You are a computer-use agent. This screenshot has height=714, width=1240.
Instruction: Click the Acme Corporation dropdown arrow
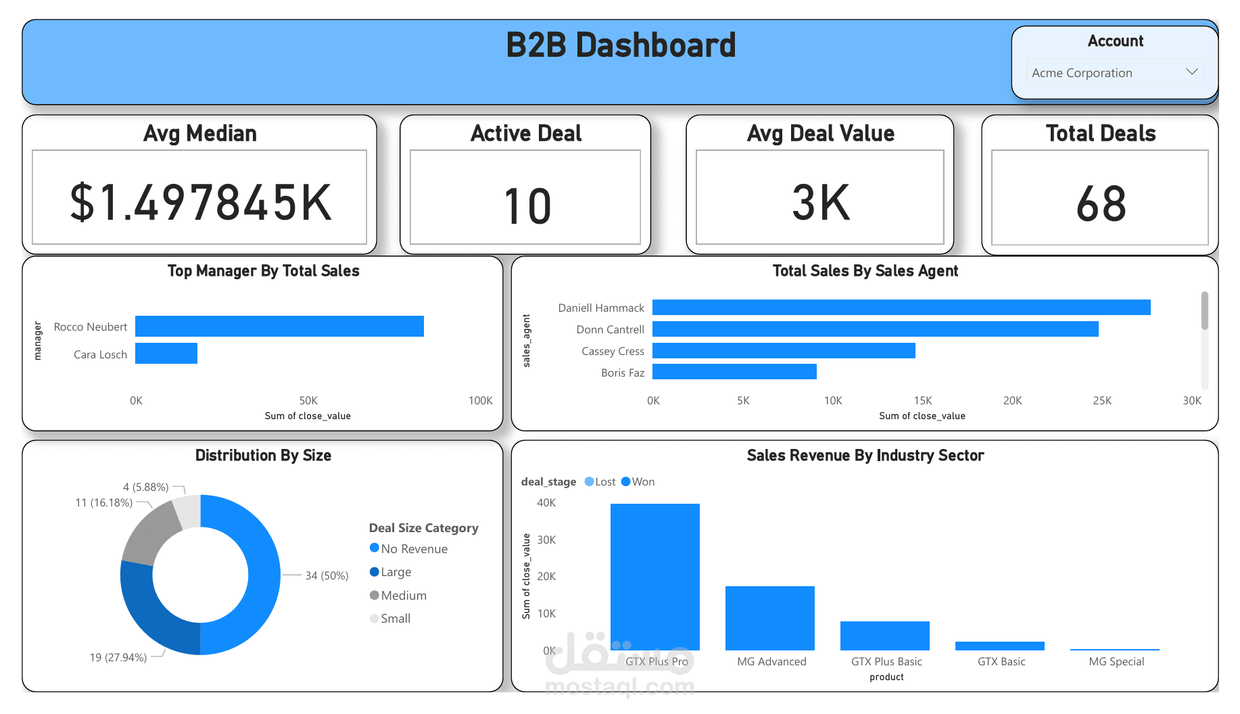(1192, 72)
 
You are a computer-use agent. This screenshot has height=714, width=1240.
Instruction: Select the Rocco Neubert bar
(279, 326)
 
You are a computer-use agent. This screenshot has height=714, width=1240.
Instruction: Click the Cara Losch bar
(166, 353)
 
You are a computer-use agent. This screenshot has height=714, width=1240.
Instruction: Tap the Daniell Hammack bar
(901, 308)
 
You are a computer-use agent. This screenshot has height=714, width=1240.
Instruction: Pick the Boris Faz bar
(734, 372)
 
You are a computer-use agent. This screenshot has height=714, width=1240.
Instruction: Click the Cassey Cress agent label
(613, 351)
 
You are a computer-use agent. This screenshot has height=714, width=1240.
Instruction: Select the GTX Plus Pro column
(655, 577)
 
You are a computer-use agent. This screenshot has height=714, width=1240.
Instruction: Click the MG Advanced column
(770, 618)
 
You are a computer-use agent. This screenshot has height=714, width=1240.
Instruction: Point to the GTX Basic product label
(1001, 661)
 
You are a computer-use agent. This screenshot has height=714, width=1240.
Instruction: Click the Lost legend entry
(600, 481)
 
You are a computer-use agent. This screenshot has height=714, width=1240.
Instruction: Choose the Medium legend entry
(398, 595)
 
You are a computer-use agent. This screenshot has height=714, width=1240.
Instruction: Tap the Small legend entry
(390, 618)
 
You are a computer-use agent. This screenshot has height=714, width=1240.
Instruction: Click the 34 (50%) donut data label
(327, 575)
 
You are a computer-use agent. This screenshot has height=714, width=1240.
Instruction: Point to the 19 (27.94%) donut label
(118, 657)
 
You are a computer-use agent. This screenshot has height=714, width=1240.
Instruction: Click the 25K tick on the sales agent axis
(1102, 400)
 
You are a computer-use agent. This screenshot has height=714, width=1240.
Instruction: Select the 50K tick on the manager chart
(308, 400)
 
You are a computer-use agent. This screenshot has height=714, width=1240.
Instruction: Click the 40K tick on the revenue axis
(546, 502)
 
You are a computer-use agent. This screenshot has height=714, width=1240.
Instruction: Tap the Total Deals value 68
(1101, 204)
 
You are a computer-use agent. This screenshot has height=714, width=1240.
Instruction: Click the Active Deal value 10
(527, 206)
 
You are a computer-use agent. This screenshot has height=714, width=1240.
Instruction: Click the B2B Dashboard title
(621, 45)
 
